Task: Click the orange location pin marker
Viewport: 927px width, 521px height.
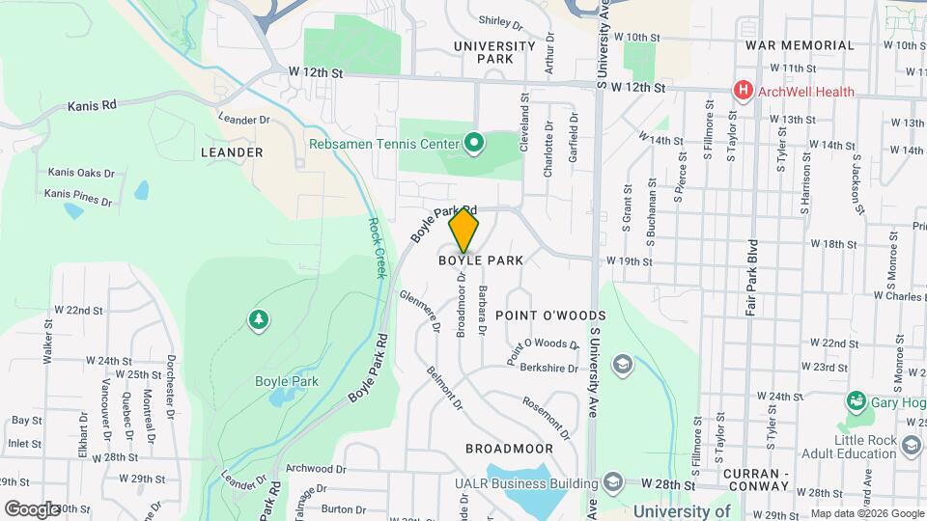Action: (464, 231)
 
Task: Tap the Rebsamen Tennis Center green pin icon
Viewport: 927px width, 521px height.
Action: (473, 145)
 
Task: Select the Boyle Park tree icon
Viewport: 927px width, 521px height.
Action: (258, 319)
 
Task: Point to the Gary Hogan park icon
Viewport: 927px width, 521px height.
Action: (855, 400)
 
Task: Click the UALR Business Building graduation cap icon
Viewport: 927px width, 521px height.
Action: (612, 481)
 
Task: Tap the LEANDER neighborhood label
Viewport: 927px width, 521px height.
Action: (232, 152)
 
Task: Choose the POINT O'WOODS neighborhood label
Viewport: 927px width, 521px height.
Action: (550, 315)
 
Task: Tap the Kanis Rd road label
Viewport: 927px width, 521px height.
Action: (92, 105)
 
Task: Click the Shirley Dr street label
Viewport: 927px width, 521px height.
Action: (500, 20)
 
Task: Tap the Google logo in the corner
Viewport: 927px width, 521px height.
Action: (32, 508)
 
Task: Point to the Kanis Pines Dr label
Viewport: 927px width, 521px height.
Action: (78, 198)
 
